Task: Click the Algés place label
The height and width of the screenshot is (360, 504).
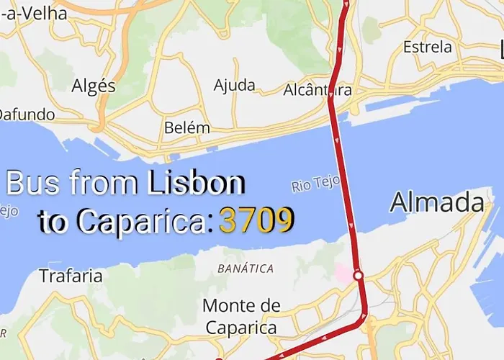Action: [94, 86]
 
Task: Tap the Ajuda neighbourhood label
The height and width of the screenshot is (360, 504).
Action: [235, 85]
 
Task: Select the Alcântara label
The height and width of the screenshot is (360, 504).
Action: [317, 91]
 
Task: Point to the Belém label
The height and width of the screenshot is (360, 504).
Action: [187, 128]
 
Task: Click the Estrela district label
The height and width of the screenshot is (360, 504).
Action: [428, 48]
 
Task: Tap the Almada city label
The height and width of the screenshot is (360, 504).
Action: [437, 203]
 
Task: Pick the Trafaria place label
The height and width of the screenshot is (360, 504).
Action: [71, 276]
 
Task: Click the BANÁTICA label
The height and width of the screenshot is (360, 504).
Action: [246, 269]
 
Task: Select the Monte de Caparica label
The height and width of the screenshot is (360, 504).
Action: [241, 316]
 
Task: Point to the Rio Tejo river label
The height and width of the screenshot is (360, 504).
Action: [315, 185]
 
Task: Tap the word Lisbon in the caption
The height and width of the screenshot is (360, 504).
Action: [196, 184]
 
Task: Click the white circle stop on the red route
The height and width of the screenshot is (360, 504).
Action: [358, 275]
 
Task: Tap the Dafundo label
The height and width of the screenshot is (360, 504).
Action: [26, 114]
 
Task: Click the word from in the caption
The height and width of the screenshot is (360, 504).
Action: [104, 184]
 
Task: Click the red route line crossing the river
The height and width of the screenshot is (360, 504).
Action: [343, 180]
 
